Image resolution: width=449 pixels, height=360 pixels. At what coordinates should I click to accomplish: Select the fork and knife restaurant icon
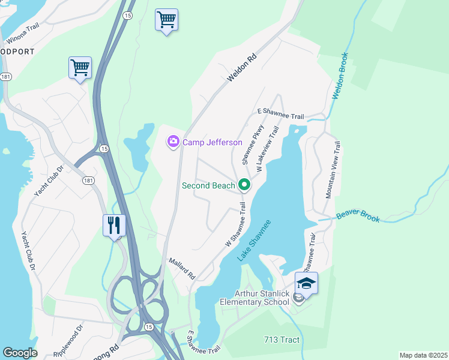pyautogui.click(x=114, y=226)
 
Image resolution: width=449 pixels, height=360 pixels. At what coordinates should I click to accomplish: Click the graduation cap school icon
pyautogui.click(x=306, y=283)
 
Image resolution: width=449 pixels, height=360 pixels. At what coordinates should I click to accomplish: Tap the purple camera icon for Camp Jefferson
pyautogui.click(x=173, y=142)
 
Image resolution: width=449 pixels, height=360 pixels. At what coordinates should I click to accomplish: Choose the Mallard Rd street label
pyautogui.click(x=182, y=268)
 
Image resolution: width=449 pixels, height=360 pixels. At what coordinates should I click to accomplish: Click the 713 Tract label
pyautogui.click(x=282, y=340)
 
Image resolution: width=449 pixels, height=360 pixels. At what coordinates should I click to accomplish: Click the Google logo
pyautogui.click(x=20, y=352)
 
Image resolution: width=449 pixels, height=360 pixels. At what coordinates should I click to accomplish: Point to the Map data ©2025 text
pyautogui.click(x=423, y=355)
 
